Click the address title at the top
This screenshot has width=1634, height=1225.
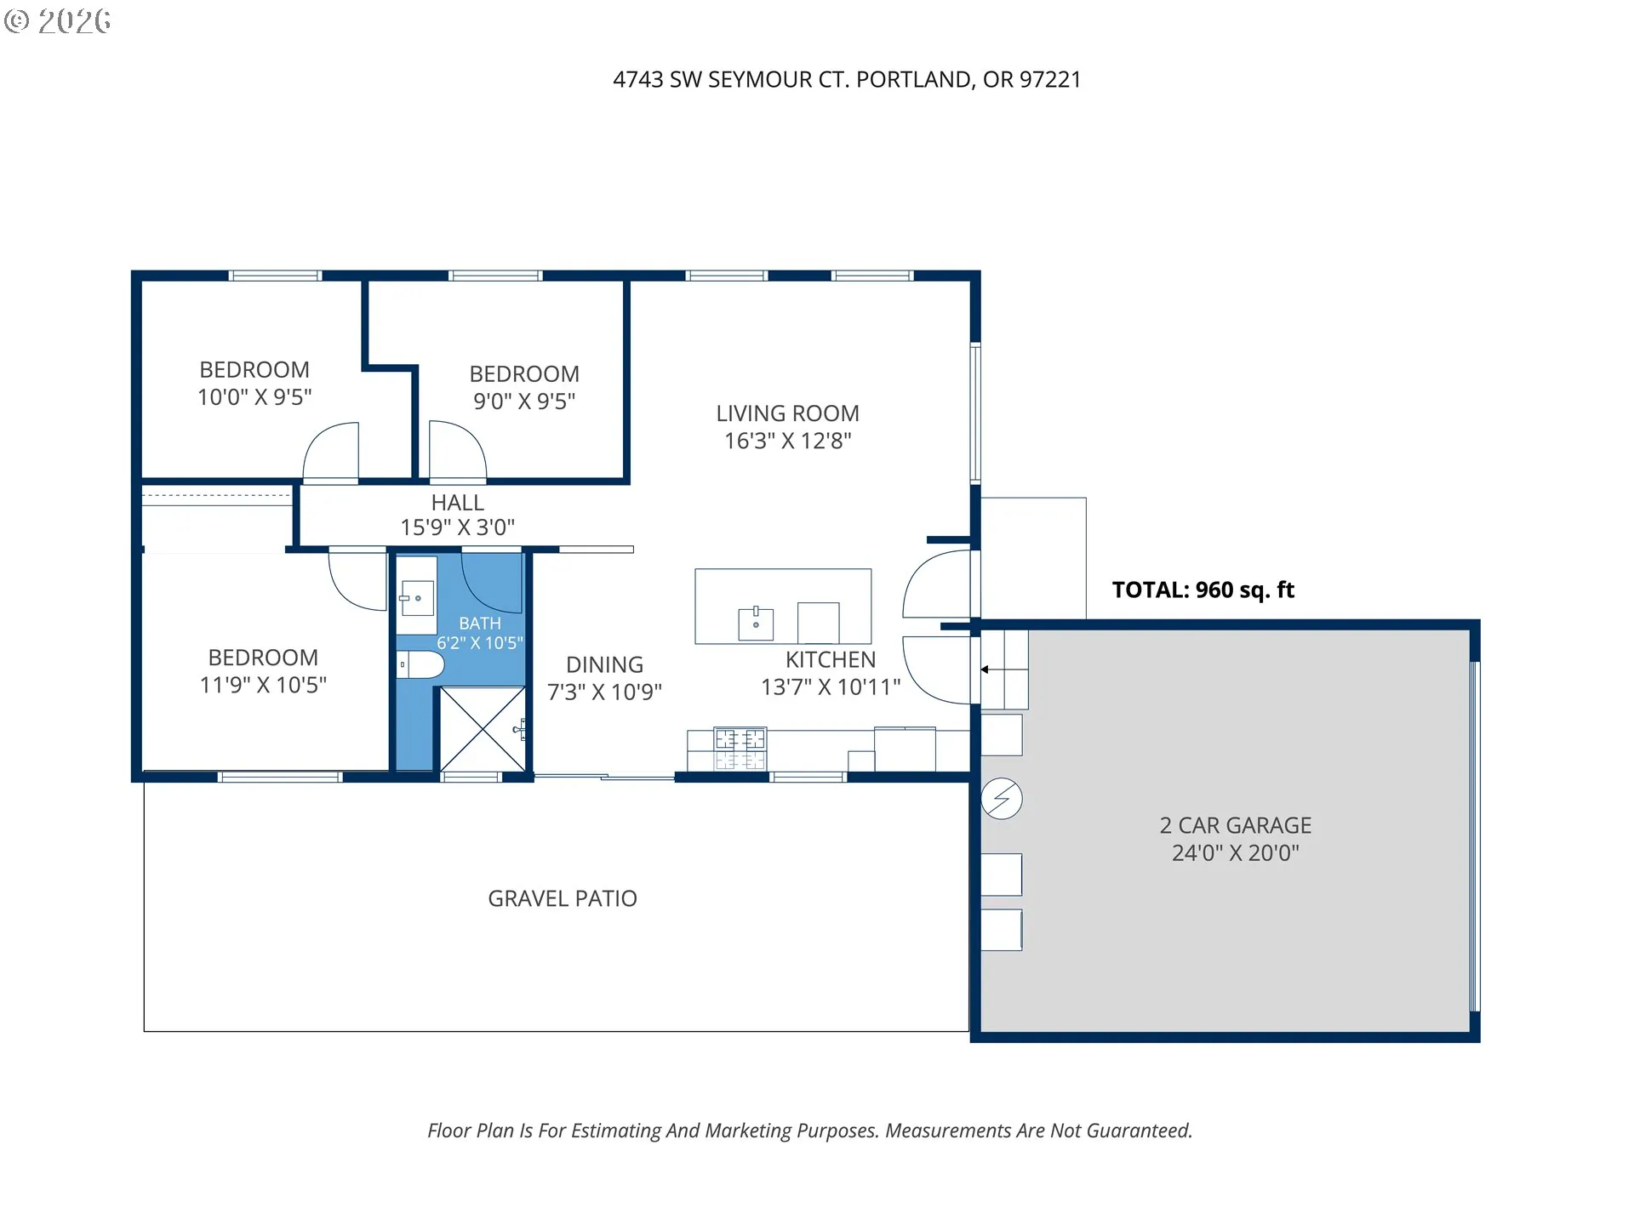[x=847, y=79]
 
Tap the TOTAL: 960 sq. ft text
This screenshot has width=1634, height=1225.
[x=1203, y=590]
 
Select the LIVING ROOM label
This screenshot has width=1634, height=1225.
[x=787, y=413]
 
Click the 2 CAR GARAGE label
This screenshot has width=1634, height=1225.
[x=1235, y=825]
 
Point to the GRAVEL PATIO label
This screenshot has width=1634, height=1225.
[x=563, y=898]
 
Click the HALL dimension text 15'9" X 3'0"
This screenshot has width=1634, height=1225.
[x=458, y=527]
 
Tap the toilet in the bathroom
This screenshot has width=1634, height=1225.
[x=420, y=664]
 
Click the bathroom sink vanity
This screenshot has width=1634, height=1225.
[x=417, y=597]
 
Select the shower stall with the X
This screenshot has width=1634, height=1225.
[x=483, y=729]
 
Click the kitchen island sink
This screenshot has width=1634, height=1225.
[x=756, y=624]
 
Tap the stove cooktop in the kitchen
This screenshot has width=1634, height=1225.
[x=740, y=749]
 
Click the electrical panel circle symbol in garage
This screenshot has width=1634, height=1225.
[x=1002, y=799]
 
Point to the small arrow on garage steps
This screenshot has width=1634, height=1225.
[x=985, y=669]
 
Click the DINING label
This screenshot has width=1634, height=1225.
[x=604, y=664]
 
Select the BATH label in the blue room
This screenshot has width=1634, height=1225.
[x=480, y=624]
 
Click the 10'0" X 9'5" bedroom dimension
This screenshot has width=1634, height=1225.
[x=254, y=397]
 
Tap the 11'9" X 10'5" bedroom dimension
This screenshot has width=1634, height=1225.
[x=263, y=685]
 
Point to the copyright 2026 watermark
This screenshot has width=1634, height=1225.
[x=58, y=21]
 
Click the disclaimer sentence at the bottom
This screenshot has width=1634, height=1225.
[x=809, y=1131]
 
